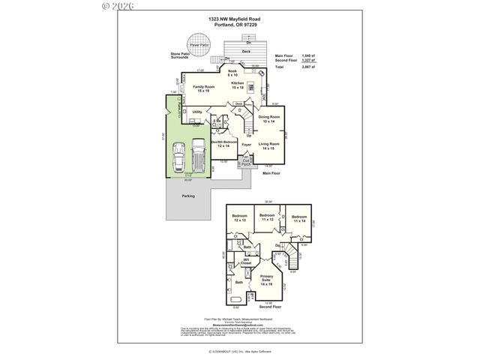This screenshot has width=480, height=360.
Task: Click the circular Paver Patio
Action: click(199, 42)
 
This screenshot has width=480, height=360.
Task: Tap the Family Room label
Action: click(202, 89)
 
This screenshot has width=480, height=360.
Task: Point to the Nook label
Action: click(232, 73)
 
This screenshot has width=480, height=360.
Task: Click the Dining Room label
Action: click(269, 118)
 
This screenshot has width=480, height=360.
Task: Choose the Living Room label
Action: click(268, 145)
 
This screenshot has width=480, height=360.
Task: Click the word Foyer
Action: click(245, 144)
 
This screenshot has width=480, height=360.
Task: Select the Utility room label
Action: click(197, 112)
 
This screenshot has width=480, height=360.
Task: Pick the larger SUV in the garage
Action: click(198, 157)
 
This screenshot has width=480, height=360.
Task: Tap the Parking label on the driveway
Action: click(187, 196)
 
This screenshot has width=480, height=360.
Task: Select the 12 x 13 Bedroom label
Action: click(240, 218)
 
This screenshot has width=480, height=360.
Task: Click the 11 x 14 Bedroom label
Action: click(300, 218)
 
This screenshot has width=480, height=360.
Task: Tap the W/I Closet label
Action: click(245, 262)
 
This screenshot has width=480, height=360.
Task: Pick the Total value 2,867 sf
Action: click(306, 67)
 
